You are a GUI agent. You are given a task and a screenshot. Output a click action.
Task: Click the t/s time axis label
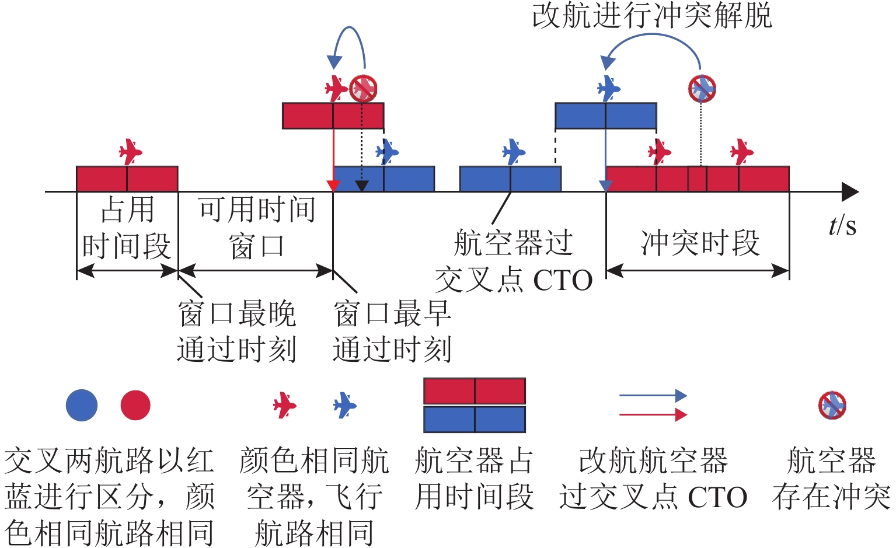click(842, 225)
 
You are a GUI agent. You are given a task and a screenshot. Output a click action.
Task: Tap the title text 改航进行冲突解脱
click(652, 16)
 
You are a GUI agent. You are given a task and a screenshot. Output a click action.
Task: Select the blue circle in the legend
click(81, 405)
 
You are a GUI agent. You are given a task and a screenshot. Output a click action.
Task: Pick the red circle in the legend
click(135, 405)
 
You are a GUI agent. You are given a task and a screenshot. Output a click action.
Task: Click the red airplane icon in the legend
click(285, 405)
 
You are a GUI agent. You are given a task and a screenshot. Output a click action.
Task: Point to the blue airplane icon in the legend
click(344, 405)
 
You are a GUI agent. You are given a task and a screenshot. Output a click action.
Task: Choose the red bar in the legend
click(474, 391)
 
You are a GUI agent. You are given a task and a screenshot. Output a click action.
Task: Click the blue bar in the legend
click(474, 419)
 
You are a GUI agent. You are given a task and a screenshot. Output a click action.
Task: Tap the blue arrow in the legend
click(653, 396)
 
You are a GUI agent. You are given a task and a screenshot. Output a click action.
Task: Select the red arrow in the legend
click(653, 414)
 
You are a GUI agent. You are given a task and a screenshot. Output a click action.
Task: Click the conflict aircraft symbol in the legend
click(832, 405)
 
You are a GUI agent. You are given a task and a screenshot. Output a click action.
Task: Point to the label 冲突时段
click(700, 243)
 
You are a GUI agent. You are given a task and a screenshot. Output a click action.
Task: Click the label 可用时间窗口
click(257, 228)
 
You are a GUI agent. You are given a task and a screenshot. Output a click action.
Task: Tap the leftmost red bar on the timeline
click(127, 179)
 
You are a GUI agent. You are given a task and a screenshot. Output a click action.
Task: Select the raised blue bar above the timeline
click(605, 116)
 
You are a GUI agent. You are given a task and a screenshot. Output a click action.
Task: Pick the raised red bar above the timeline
click(333, 116)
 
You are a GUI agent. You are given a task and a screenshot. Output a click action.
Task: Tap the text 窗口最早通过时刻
click(392, 331)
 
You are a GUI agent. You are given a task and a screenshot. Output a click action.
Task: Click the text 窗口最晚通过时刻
click(236, 331)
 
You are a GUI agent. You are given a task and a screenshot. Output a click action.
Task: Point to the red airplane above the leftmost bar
click(130, 152)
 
